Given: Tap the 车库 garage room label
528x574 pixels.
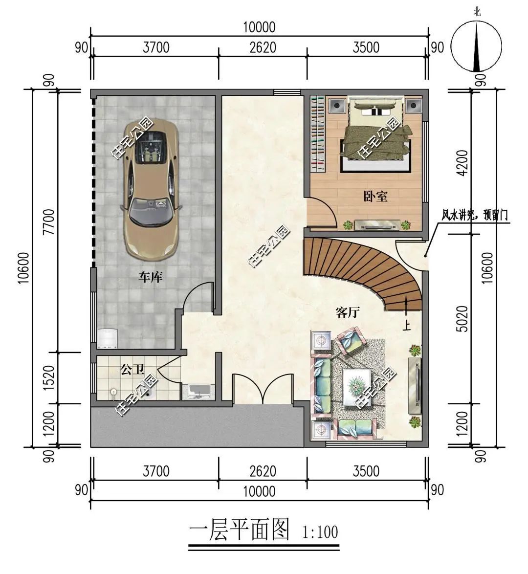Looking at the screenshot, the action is click(151, 277).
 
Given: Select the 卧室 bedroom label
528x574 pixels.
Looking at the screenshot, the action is click(375, 197).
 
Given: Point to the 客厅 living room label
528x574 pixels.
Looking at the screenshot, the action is click(348, 312).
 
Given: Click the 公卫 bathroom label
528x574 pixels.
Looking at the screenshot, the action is click(132, 370).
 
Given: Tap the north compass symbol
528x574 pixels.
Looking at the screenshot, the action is click(476, 46).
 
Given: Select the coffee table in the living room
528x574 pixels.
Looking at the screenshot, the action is click(357, 387).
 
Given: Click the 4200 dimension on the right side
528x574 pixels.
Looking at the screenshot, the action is click(463, 163).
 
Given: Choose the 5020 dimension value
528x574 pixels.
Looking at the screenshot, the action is click(463, 319).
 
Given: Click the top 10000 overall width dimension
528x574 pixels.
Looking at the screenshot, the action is click(259, 27).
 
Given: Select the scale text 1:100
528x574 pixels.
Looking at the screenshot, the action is click(320, 532).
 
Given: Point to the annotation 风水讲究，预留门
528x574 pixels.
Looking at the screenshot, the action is click(474, 215).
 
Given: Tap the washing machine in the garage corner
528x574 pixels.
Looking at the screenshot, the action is click(107, 338).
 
